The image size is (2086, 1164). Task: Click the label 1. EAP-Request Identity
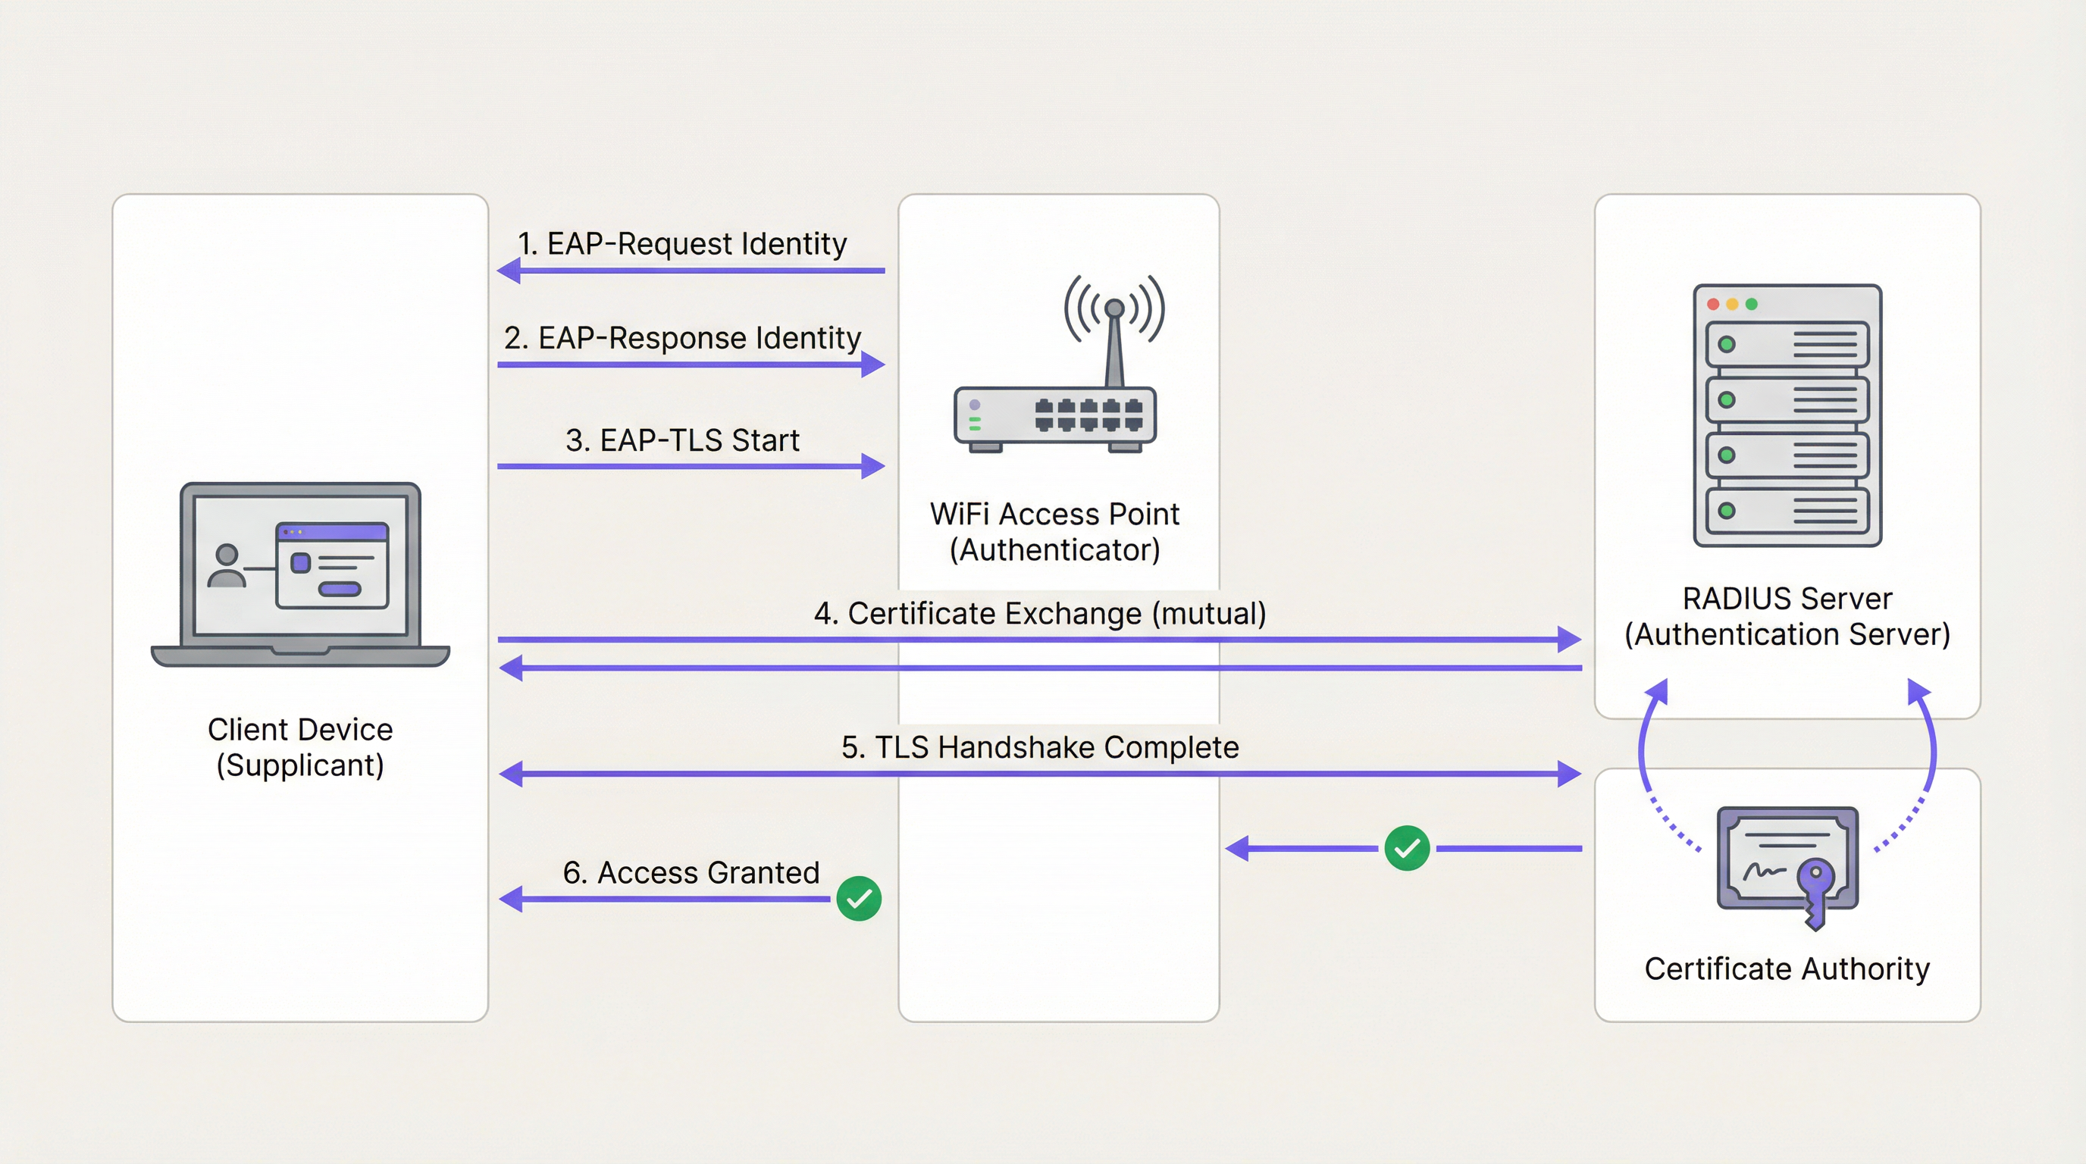682,244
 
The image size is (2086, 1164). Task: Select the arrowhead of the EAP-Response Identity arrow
873,365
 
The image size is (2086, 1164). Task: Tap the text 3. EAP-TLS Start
682,440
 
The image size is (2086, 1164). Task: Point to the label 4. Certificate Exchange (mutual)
1040,614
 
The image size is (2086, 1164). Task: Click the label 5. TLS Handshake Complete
1040,747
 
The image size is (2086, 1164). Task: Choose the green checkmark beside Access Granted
858,899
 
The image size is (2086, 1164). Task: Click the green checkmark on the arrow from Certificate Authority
1407,848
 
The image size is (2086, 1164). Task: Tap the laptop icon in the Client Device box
299,574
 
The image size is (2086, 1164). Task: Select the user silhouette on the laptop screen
227,565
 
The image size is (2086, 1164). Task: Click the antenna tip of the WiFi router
1114,308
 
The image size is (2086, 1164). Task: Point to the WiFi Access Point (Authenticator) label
1054,532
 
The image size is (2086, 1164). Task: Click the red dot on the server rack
1713,305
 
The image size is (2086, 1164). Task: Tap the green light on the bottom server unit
1727,511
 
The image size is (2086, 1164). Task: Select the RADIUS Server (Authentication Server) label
1787,617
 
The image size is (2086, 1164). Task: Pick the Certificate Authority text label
1787,969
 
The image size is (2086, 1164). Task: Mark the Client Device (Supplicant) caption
299,747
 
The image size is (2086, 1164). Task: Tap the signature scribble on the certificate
1763,871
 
